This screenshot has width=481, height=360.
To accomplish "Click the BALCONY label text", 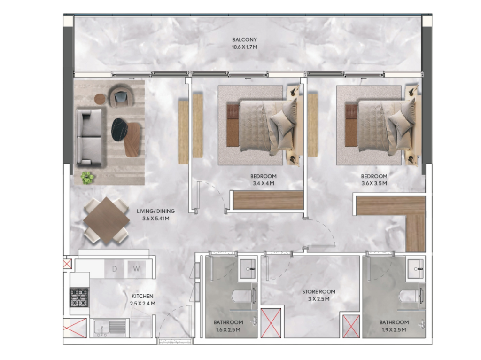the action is click(x=244, y=39).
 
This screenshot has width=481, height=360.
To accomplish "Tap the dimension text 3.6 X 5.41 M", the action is click(x=156, y=219).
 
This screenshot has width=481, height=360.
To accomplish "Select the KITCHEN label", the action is click(x=142, y=296).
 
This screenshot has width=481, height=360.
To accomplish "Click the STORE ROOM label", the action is click(x=319, y=291).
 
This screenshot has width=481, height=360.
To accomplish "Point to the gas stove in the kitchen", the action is click(x=79, y=297).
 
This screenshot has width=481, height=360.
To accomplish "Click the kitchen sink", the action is click(x=110, y=328).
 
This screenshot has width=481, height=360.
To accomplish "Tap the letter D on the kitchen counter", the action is click(x=115, y=269).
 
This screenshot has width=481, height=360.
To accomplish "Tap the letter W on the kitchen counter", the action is click(x=136, y=269).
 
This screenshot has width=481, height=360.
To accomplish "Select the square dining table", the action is click(x=107, y=221).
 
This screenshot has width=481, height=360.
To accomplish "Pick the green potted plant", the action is click(x=87, y=178).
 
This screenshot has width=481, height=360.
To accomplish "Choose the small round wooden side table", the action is click(x=100, y=99).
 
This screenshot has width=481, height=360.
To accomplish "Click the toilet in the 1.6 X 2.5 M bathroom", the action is click(x=244, y=297).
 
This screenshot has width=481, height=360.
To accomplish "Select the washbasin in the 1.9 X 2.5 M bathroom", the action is click(x=416, y=268).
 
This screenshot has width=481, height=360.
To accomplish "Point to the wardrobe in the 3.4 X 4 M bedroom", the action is click(x=268, y=200).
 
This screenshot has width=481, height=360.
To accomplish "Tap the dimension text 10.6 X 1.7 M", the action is click(x=244, y=47).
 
